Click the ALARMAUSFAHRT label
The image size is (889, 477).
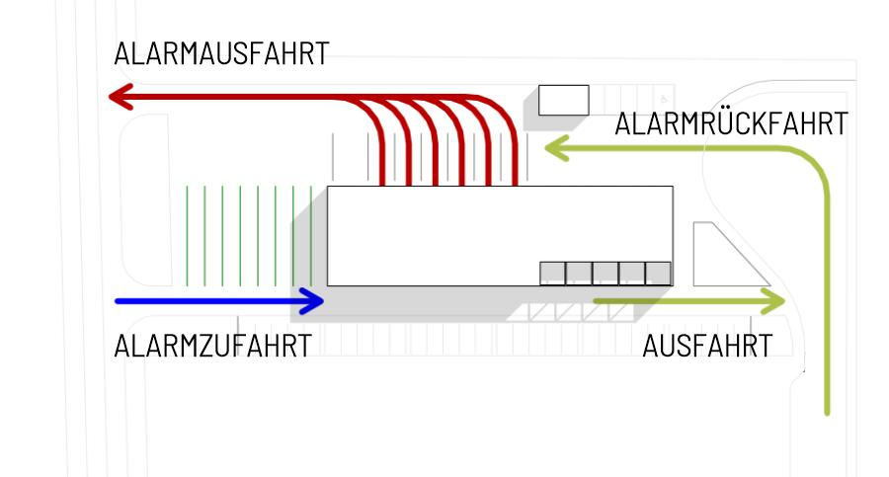click(221, 54)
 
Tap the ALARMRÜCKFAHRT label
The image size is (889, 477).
click(731, 125)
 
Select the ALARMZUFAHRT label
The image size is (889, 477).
click(213, 347)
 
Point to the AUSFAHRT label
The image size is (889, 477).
click(707, 347)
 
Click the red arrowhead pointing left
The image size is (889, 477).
click(121, 97)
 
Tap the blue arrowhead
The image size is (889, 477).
click(314, 301)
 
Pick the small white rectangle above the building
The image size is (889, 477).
click(563, 100)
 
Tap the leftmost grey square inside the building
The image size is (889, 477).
click(552, 273)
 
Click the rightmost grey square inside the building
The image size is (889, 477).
click(659, 273)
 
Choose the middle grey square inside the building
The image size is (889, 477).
click(606, 273)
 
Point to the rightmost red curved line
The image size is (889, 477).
click(515, 148)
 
